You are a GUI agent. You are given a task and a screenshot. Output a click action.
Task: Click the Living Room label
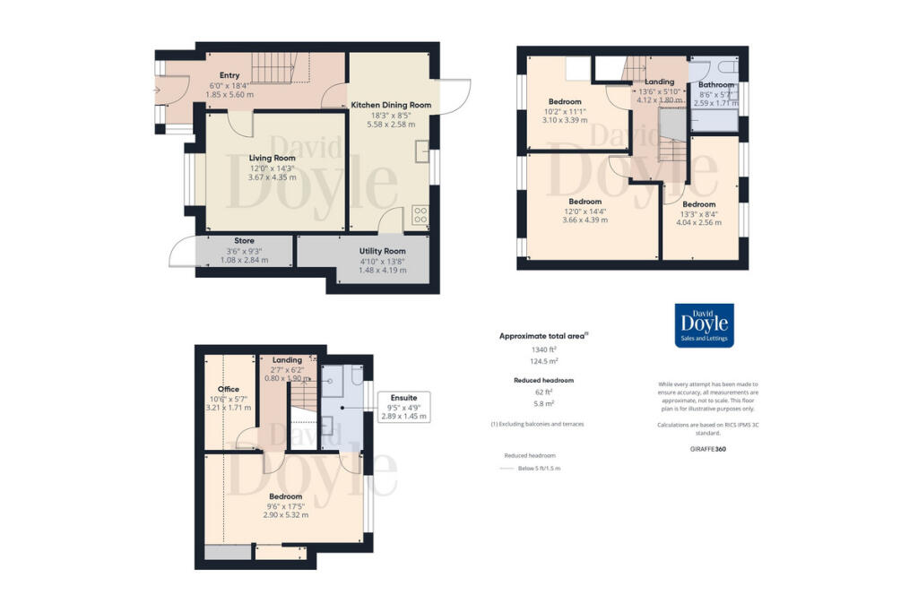coord(273,158)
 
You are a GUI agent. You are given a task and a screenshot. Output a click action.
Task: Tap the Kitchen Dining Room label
coord(391,105)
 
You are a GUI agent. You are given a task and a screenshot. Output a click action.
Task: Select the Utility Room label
coord(383,251)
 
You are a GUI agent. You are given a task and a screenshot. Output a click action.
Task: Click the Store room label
coord(244,241)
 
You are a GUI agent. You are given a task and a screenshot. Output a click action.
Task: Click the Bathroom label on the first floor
coord(716,85)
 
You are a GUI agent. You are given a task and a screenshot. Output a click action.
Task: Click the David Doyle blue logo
coord(704,325)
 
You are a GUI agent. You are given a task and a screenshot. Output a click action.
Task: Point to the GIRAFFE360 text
coord(708,448)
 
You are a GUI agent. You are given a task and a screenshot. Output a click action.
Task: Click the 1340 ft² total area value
coord(537,349)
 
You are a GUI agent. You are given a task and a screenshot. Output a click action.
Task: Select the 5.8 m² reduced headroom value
coord(537,403)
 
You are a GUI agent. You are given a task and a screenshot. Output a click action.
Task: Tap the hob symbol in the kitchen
coord(419,215)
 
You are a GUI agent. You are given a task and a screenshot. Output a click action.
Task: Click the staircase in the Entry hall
coord(279,68)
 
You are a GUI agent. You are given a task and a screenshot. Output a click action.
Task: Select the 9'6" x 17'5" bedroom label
coord(284,496)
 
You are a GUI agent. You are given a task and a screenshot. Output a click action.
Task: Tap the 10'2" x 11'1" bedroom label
coord(565,101)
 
